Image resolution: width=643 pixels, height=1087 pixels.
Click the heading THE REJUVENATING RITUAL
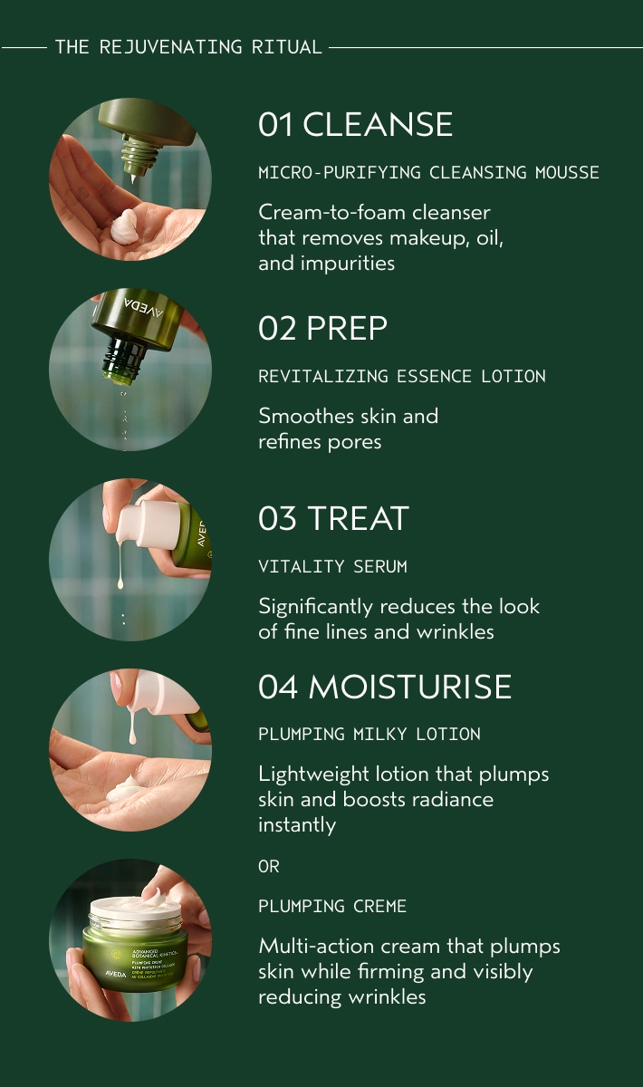[x=188, y=47]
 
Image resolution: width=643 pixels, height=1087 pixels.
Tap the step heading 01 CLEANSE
[x=355, y=124]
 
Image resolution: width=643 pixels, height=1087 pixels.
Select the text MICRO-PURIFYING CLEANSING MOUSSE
[x=428, y=172]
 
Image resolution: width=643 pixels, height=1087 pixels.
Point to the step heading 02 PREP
[x=322, y=328]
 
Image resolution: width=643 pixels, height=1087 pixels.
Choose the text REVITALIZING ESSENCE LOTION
[x=401, y=376]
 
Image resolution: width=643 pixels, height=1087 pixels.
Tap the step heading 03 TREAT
[x=333, y=518]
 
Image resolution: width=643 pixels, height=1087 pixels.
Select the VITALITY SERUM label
[x=332, y=567]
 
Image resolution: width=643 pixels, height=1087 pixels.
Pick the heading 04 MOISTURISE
[x=385, y=686]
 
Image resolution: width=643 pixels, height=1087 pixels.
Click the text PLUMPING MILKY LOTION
[x=369, y=734]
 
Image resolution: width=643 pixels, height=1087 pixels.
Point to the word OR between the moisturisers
[x=269, y=866]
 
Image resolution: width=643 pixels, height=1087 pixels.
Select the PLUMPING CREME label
[x=332, y=906]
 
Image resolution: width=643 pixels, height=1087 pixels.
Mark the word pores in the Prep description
[x=355, y=442]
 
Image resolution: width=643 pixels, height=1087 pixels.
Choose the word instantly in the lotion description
[x=297, y=825]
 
